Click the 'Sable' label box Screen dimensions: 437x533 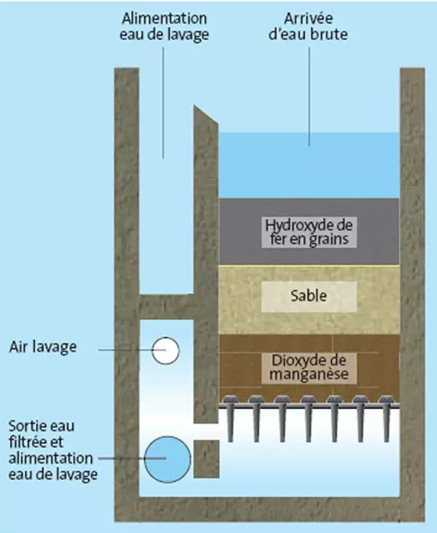308,297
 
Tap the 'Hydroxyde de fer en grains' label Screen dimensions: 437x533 308,232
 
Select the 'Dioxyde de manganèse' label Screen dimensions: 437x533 308,368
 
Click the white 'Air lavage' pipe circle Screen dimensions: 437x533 165,351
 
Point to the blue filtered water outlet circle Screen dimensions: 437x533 167,459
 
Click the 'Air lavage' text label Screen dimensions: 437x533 43,348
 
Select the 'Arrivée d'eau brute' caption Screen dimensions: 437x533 308,26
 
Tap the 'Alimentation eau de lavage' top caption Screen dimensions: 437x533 165,26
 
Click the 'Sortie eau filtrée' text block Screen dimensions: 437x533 53,450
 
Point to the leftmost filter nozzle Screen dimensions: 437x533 230,419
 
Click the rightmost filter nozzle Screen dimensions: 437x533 387,419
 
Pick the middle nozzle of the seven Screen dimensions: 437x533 308,419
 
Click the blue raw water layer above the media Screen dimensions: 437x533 308,165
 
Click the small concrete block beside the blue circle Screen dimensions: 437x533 207,459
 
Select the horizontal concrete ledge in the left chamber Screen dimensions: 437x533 166,306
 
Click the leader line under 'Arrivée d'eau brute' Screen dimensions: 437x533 309,96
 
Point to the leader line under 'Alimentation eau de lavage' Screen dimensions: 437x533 164,102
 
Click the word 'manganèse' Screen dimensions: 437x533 308,375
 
